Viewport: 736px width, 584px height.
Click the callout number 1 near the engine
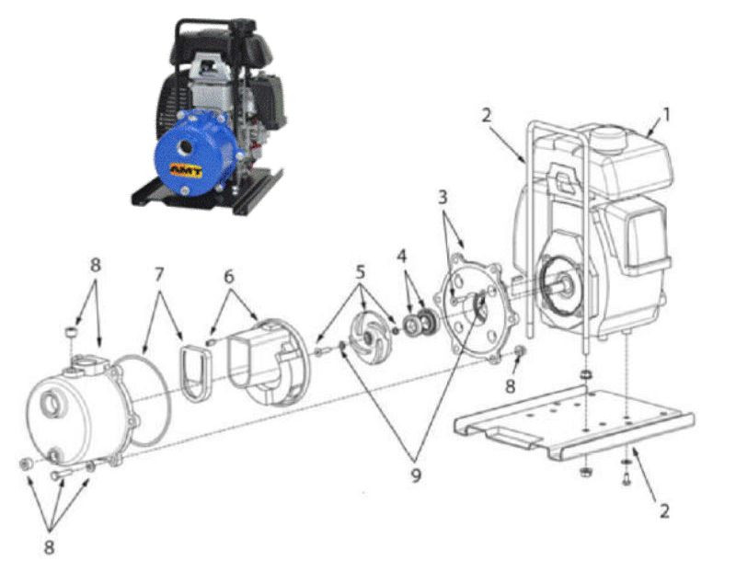665,114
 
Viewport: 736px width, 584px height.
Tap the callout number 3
443,198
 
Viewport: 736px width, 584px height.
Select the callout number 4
402,256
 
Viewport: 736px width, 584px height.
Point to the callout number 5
360,271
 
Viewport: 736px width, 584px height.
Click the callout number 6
228,277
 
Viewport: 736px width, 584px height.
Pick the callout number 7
159,275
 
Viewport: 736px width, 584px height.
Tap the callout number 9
416,475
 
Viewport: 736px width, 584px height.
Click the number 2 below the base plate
664,510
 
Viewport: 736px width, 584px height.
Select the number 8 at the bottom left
49,547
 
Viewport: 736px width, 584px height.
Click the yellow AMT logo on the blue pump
186,170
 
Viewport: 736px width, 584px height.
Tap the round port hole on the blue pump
186,148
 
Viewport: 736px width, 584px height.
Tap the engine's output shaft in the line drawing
565,283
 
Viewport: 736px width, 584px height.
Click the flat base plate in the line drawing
573,422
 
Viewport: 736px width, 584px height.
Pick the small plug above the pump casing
71,334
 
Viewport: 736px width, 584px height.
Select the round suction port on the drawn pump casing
50,405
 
